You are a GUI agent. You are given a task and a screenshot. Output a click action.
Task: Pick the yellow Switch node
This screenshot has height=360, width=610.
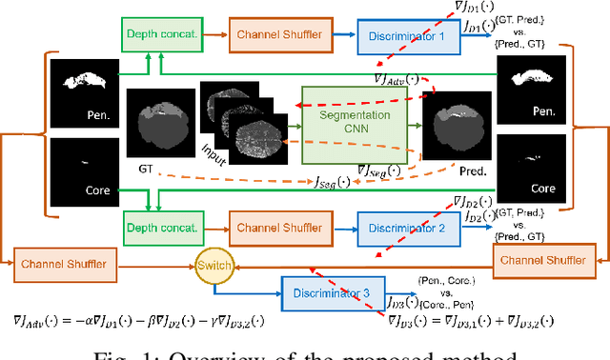tap(213, 263)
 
